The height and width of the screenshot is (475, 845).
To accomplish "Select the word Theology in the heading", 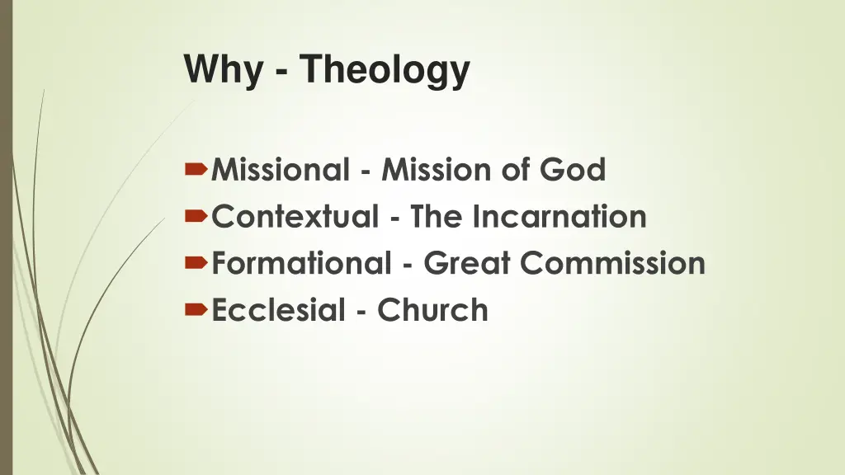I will (385, 70).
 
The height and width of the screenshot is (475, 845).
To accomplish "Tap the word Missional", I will (281, 171).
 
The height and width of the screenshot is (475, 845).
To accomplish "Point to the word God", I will (574, 171).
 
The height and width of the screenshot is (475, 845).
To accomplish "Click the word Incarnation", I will (559, 218).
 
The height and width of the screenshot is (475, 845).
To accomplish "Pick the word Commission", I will (613, 264).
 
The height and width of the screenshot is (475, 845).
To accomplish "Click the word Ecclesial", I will (277, 311).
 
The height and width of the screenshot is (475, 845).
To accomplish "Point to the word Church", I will (432, 311).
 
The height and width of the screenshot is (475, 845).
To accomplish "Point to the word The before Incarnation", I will (439, 218).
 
